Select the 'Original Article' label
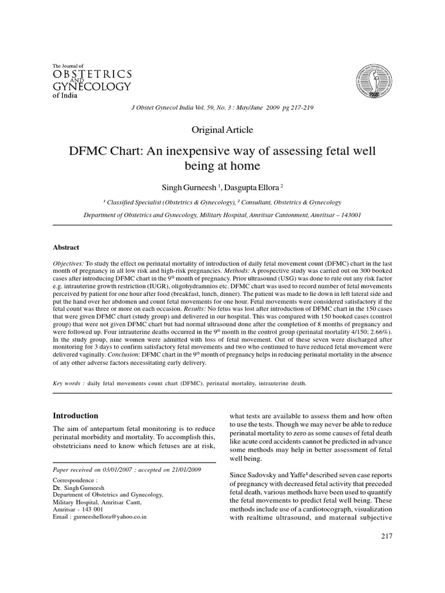coord(222,130)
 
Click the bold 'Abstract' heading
coord(66,247)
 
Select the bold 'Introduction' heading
coord(76,416)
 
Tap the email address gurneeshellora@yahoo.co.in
coord(107,517)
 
